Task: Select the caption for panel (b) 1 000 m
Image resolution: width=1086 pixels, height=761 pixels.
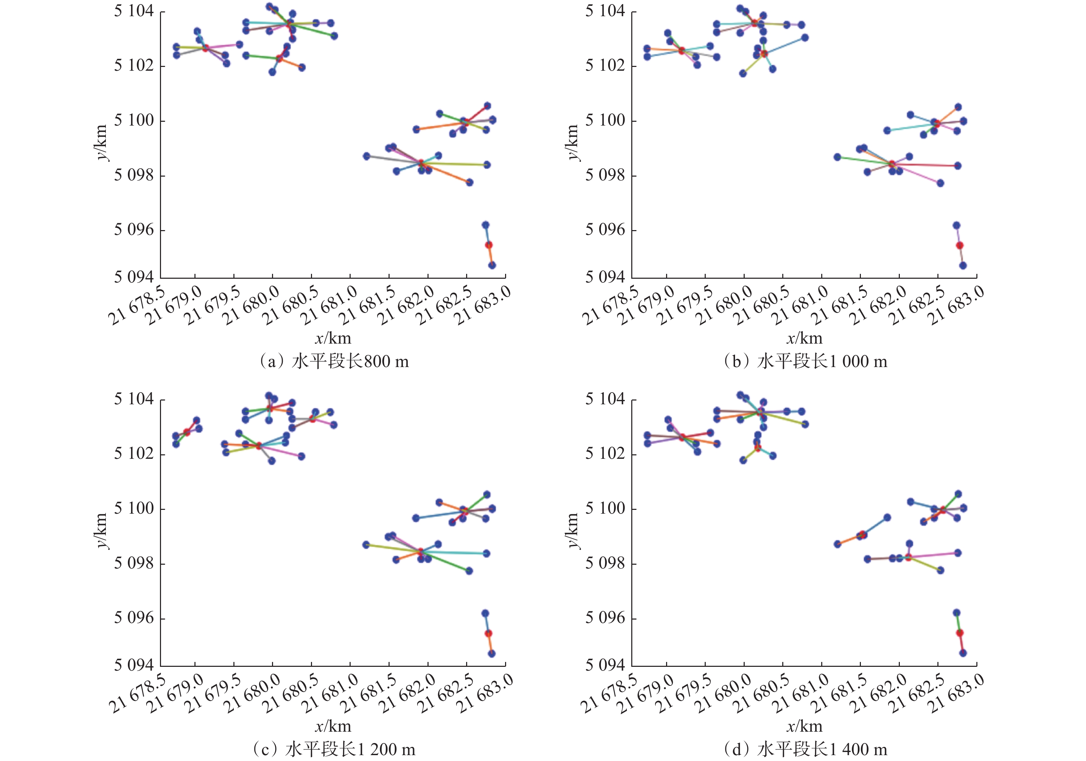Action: (x=805, y=362)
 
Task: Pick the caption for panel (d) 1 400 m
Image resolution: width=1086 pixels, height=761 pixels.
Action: (x=805, y=750)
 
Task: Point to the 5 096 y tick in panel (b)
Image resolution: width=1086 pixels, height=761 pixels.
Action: (x=605, y=230)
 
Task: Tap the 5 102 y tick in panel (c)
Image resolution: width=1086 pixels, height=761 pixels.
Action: (x=134, y=454)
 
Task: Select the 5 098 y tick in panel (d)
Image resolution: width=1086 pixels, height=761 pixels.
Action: (x=605, y=563)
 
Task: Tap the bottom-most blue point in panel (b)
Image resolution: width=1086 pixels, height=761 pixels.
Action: (x=963, y=266)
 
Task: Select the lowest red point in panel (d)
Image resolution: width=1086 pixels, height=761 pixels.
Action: (x=960, y=633)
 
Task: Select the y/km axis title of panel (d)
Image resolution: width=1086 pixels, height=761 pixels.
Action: (x=573, y=531)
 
